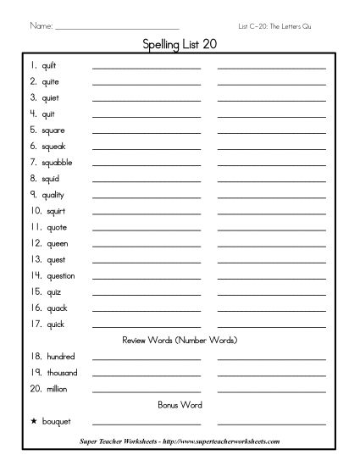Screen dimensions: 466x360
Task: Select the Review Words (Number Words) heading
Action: pyautogui.click(x=179, y=340)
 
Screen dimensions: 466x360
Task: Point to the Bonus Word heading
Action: pyautogui.click(x=179, y=404)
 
